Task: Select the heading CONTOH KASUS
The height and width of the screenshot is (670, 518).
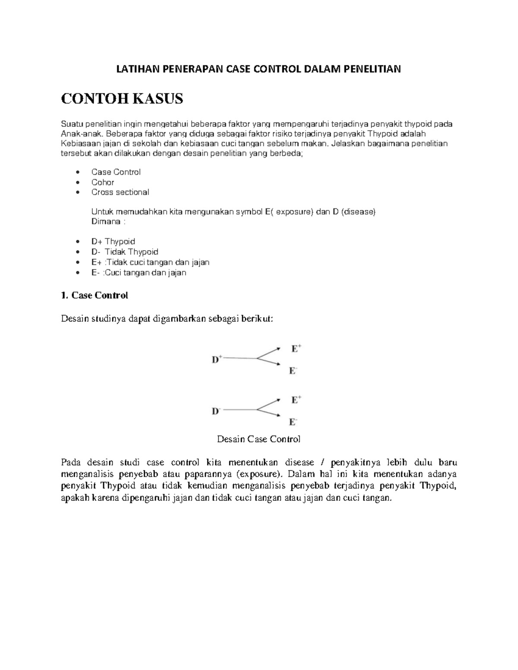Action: (122, 99)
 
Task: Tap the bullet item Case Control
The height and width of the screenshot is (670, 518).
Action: (116, 172)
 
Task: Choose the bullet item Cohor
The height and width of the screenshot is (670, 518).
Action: (103, 182)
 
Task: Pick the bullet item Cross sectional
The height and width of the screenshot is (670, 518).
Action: (120, 192)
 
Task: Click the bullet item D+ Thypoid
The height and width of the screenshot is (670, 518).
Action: (113, 242)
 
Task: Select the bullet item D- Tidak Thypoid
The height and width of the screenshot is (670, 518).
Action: (125, 252)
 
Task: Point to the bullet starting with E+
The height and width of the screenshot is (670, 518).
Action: (150, 262)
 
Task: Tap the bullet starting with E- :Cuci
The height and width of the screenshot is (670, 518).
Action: (139, 273)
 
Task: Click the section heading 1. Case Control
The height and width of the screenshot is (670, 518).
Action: (95, 296)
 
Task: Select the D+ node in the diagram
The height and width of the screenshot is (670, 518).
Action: (217, 359)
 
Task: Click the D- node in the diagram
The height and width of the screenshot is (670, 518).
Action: (216, 411)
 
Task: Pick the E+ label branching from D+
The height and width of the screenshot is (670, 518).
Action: (296, 349)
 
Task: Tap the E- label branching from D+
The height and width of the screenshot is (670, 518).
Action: (293, 371)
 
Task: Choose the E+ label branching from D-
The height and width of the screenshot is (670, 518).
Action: (296, 400)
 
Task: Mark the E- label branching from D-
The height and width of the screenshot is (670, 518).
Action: (293, 422)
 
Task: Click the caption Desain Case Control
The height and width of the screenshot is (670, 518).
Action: (259, 439)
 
